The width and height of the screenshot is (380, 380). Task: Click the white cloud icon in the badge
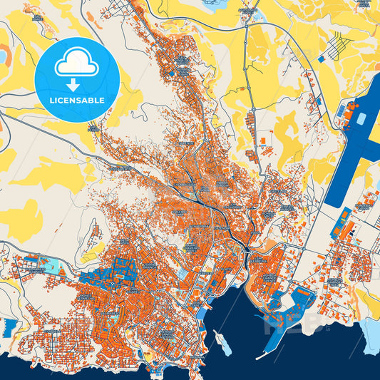[77, 65]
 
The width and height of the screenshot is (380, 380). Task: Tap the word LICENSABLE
[77, 101]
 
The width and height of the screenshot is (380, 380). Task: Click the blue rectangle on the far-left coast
[9, 329]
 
